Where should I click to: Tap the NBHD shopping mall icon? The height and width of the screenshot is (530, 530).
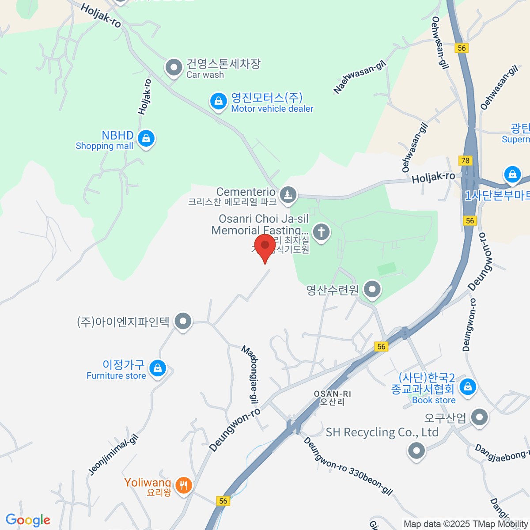click(x=146, y=139)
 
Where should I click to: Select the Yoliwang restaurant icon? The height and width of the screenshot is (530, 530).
click(x=183, y=485)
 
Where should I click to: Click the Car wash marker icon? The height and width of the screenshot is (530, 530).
click(x=174, y=68)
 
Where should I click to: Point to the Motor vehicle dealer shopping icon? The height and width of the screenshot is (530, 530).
click(x=218, y=101)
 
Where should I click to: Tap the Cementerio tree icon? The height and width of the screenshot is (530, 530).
click(x=288, y=194)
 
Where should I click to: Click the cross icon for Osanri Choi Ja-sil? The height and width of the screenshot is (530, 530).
click(x=321, y=231)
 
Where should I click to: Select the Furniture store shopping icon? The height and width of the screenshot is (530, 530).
click(x=157, y=367)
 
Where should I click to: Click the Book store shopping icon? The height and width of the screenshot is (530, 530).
click(x=468, y=387)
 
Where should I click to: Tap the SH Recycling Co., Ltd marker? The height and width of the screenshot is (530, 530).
click(x=416, y=451)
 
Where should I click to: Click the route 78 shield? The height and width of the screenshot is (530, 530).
click(x=466, y=161)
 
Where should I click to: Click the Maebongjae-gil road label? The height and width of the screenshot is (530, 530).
click(x=250, y=375)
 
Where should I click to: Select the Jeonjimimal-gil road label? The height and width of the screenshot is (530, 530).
click(x=114, y=455)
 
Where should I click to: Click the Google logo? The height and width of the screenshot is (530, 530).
click(x=28, y=520)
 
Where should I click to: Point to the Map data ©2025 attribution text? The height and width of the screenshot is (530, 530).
click(x=466, y=524)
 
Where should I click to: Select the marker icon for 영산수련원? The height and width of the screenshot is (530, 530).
click(x=372, y=290)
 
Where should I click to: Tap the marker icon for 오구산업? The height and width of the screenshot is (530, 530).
click(x=479, y=417)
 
